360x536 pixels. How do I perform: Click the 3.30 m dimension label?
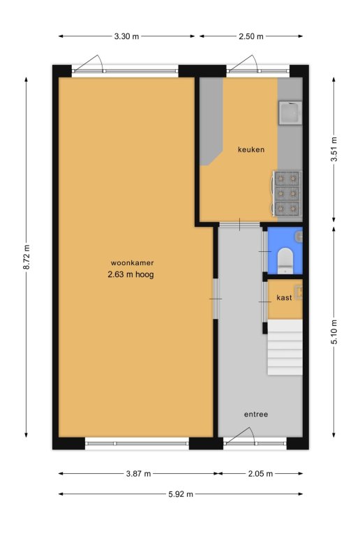pos(126,36)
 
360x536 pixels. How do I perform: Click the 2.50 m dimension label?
pos(251,36)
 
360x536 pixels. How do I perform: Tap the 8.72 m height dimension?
pos(27,257)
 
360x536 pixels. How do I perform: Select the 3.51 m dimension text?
pos(334,149)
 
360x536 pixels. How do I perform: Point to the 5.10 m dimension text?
pos(334,332)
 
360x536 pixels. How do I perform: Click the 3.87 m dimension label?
pos(138,473)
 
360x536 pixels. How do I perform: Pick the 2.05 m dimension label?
pos(260,473)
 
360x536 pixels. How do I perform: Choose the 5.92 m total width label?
pos(181,494)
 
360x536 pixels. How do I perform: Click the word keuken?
pos(251,149)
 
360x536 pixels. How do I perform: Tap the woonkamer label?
pos(132,263)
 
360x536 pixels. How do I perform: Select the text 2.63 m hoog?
pos(131,274)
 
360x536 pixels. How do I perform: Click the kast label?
pos(284,297)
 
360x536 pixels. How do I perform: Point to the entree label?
pos(256,415)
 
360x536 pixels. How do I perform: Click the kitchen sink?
pos(290,113)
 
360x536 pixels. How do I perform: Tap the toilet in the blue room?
pos(285,261)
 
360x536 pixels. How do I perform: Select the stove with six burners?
pos(287,193)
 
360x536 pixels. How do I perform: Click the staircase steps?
pos(285,348)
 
